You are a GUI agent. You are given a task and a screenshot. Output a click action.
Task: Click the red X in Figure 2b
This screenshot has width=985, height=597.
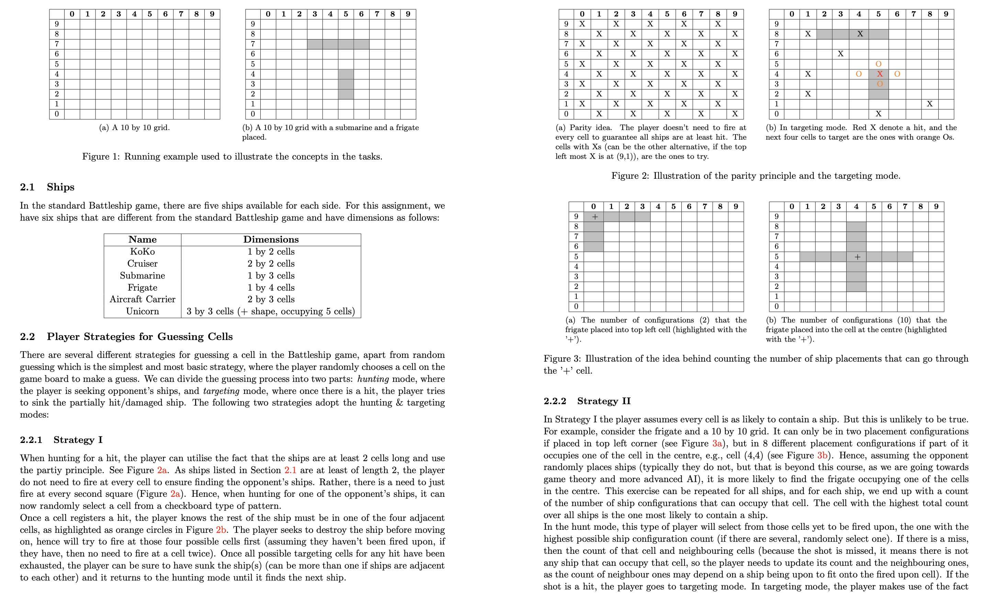coord(880,74)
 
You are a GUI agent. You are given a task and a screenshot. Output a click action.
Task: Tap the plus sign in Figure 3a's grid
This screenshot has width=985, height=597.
coord(595,217)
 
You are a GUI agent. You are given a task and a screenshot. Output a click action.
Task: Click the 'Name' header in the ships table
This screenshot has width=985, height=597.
coord(142,239)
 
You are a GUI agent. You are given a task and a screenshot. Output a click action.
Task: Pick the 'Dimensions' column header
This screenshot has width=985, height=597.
coord(271,239)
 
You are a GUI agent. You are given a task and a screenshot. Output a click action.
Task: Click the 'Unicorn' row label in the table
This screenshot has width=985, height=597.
coord(142,312)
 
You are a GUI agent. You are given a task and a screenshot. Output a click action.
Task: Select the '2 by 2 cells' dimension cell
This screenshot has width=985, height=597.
coord(271,264)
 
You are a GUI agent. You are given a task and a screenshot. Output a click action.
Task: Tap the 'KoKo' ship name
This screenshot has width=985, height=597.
coord(142,251)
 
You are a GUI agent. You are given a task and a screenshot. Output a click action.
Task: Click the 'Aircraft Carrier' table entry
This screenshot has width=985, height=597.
coord(142,300)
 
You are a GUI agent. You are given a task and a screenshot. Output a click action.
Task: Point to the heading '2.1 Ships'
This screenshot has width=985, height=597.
coord(47,187)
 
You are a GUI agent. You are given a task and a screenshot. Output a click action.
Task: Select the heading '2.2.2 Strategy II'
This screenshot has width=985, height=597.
coord(587,401)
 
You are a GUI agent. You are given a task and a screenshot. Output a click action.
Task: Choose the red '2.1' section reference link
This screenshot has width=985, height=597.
coord(291,470)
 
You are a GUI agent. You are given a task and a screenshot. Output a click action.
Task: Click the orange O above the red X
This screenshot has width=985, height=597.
coord(878,64)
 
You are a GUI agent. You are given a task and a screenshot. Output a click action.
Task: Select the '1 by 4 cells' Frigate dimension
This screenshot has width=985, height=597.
coord(271,288)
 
